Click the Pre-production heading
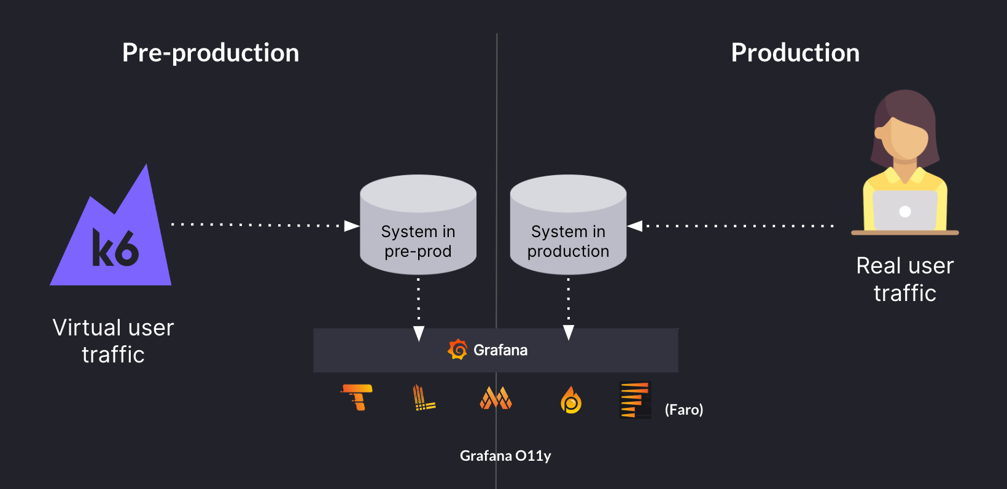point(211,53)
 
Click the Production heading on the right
point(795,53)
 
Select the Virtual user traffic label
point(114,341)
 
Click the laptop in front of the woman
point(904,211)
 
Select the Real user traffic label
point(904,280)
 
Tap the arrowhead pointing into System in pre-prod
point(352,226)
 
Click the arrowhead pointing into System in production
point(635,226)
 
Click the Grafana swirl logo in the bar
point(457,350)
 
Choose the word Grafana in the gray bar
point(500,350)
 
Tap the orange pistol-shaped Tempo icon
point(357,397)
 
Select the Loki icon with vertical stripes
point(422,398)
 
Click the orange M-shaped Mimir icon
point(496,398)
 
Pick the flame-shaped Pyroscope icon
point(571,400)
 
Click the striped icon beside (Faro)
point(636,400)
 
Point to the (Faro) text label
point(684,410)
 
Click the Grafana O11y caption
point(505,456)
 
